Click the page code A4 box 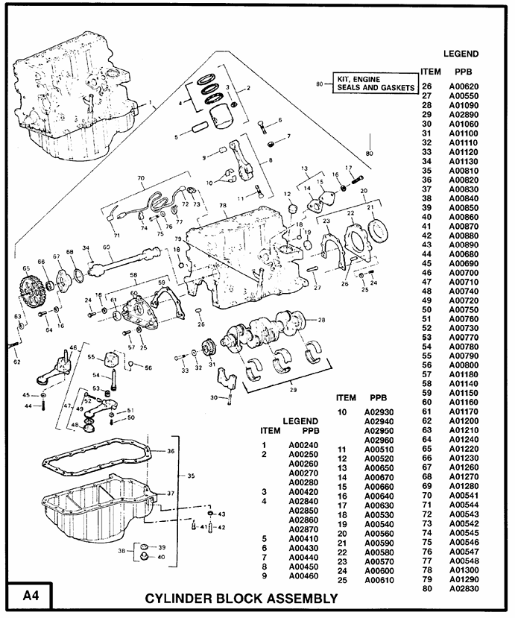[31, 596]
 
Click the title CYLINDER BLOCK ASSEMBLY [241, 598]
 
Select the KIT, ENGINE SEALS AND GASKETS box [375, 83]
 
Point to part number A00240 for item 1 [303, 446]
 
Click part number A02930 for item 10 [379, 412]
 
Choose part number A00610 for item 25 [379, 580]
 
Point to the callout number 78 [222, 205]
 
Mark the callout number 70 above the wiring [140, 179]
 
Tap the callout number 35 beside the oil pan [191, 476]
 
